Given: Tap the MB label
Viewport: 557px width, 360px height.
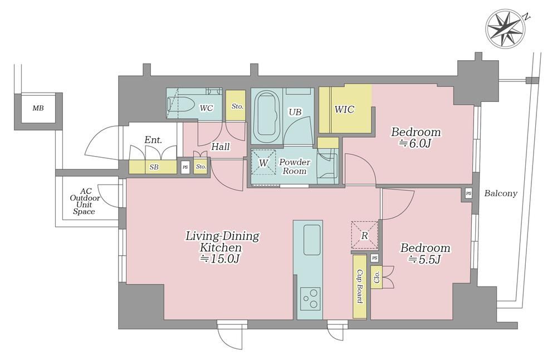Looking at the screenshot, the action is (38, 108).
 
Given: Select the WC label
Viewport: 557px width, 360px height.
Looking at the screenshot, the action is (207, 108).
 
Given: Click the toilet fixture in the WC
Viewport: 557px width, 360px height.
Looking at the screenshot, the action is (180, 104).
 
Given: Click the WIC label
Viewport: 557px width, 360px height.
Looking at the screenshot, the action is (344, 109).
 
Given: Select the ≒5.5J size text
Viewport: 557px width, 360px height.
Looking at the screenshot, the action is (425, 260).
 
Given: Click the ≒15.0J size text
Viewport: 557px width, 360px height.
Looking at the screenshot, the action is (222, 259).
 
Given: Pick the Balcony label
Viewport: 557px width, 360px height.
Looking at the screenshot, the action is (501, 193).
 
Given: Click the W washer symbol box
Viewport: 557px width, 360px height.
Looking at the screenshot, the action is (263, 162).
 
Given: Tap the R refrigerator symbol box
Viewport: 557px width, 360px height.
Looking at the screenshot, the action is (364, 235).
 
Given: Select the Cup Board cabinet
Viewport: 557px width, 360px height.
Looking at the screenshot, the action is (359, 286).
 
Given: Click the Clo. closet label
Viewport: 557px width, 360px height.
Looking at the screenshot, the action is (377, 277).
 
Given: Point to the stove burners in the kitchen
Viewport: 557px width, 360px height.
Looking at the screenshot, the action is (310, 298).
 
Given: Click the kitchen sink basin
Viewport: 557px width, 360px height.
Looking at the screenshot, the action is (311, 240).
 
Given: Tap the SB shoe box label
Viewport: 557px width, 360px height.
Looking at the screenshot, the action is (154, 167).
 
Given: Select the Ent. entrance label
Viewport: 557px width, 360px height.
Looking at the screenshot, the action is (153, 140).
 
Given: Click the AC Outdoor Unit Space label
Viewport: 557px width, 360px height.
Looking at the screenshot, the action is (85, 201).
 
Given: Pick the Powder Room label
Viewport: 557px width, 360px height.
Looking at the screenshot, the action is (295, 166).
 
